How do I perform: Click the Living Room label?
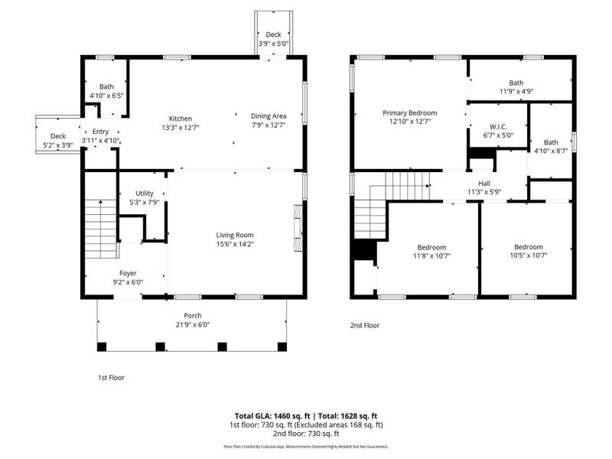(234, 235)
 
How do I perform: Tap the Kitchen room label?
(181, 119)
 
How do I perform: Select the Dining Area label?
(268, 116)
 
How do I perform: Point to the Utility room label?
(145, 194)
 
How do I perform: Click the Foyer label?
(128, 273)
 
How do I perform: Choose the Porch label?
(192, 316)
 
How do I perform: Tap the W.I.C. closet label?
(498, 126)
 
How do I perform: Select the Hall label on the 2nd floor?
(484, 183)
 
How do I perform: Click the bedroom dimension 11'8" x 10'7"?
(432, 256)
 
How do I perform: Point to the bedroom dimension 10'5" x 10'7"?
(528, 256)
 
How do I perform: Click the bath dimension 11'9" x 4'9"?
(516, 92)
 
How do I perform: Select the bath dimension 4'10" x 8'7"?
(551, 151)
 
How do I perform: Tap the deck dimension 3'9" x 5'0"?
(273, 44)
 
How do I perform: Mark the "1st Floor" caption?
(111, 377)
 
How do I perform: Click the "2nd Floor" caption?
(365, 325)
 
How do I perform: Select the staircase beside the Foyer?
(100, 229)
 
